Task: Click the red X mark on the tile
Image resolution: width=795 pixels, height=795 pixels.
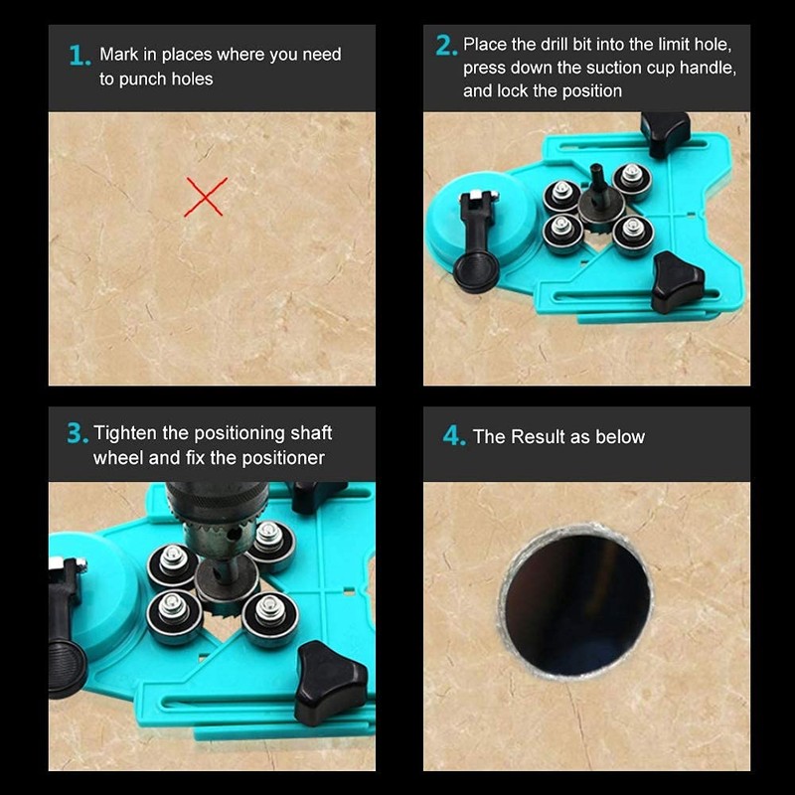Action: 206,197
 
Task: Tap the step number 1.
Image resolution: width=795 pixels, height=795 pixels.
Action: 79,56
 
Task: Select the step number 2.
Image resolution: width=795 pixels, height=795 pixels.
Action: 445,46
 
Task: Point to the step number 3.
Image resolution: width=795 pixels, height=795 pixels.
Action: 77,434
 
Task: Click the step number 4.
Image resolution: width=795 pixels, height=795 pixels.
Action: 453,437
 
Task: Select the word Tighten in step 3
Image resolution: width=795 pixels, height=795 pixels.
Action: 126,433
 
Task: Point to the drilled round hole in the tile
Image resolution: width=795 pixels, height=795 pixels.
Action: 576,602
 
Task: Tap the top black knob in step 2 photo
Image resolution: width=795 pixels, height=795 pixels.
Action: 665,131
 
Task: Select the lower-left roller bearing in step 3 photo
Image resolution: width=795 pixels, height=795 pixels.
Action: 175,613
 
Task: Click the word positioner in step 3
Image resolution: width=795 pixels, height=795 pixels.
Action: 280,458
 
